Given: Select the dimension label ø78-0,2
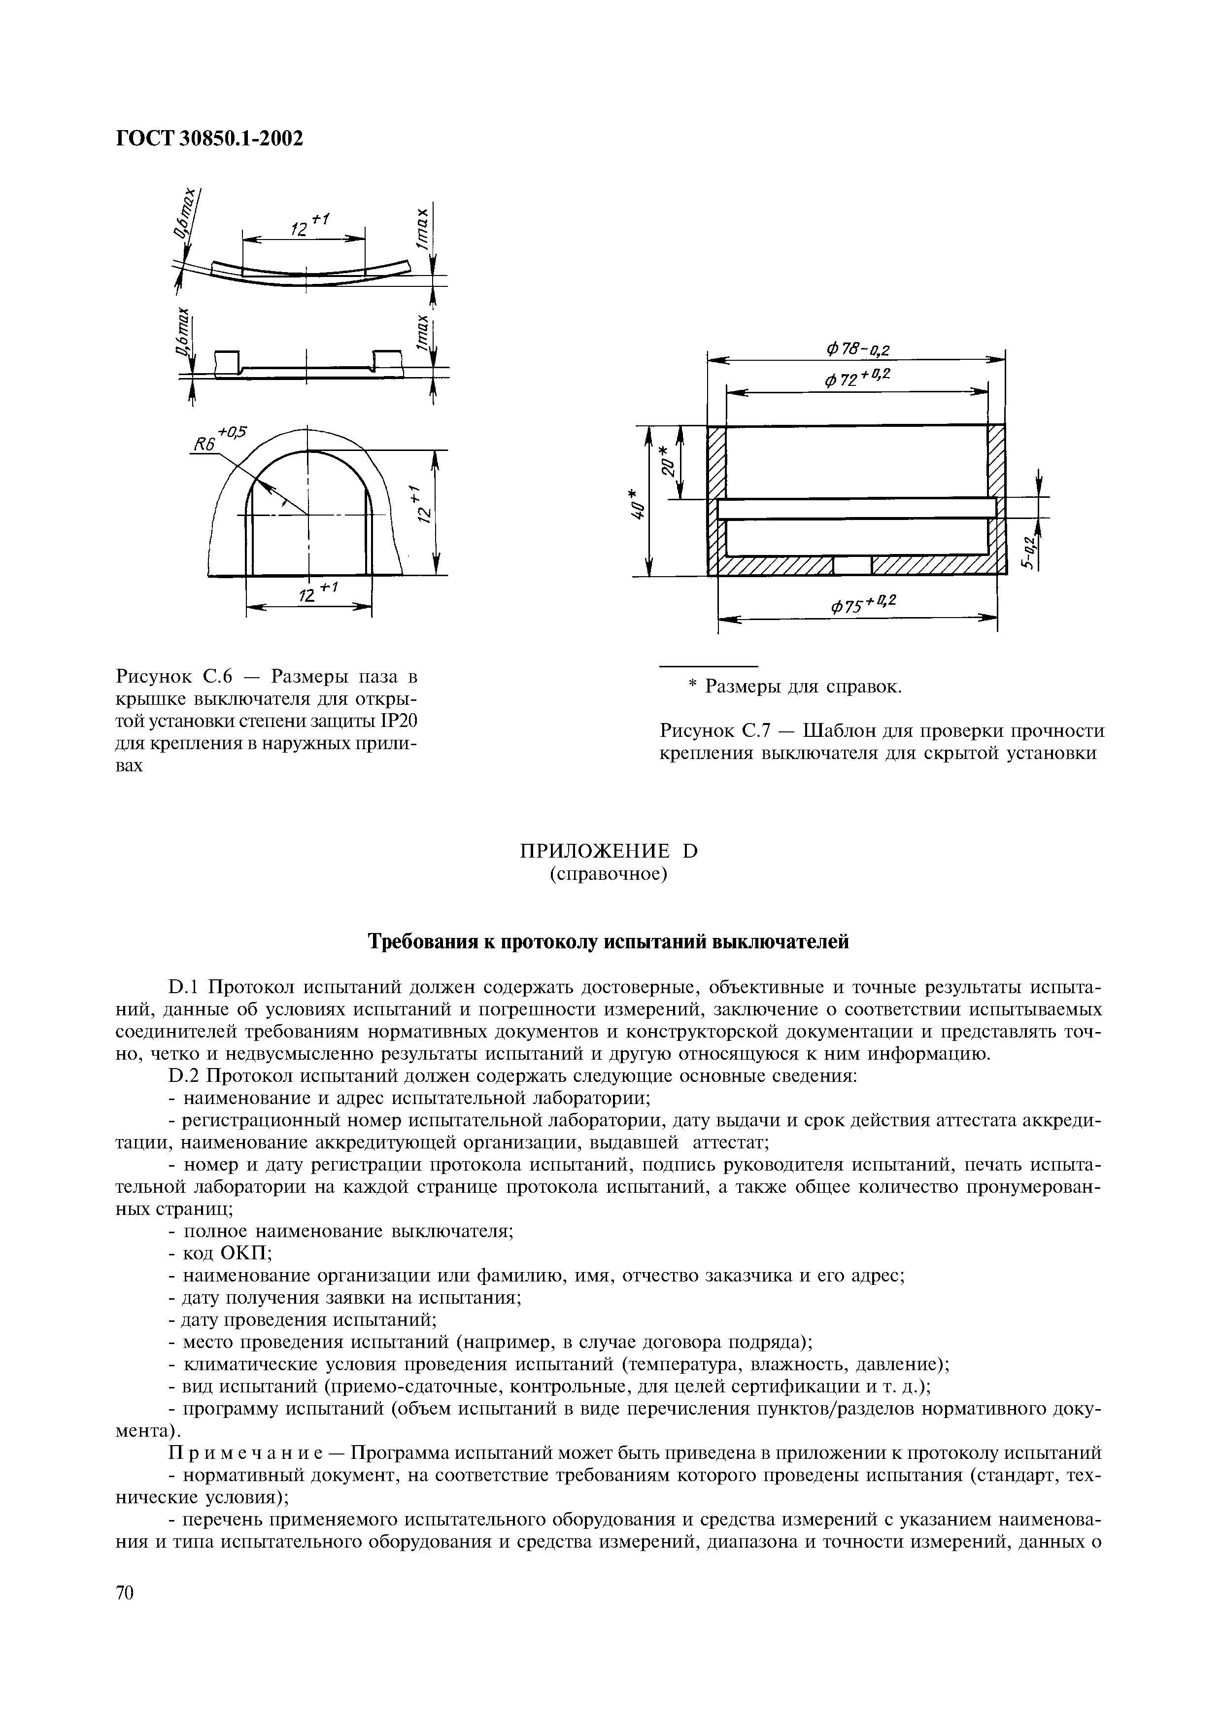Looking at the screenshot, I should click(857, 349).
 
